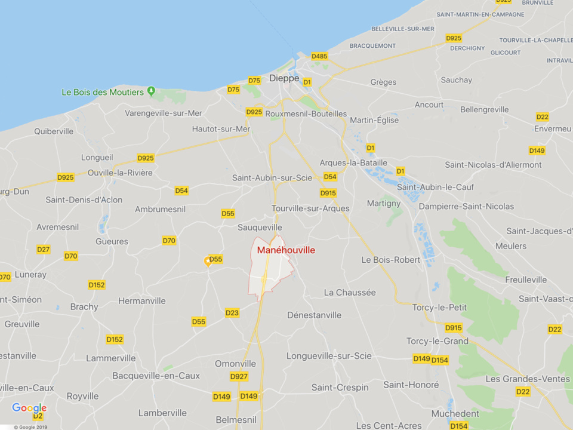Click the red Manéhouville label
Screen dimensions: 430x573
pyautogui.click(x=286, y=250)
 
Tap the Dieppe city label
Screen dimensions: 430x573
pyautogui.click(x=284, y=78)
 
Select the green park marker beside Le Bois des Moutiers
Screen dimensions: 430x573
pyautogui.click(x=151, y=91)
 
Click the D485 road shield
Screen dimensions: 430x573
pyautogui.click(x=319, y=57)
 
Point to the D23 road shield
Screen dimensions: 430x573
pyautogui.click(x=232, y=313)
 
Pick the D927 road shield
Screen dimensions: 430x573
pyautogui.click(x=239, y=377)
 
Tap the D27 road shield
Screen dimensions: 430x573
pyautogui.click(x=44, y=250)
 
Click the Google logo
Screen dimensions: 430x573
pyautogui.click(x=29, y=408)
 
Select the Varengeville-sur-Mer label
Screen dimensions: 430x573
pyautogui.click(x=164, y=113)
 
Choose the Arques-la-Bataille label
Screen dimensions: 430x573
pyautogui.click(x=353, y=162)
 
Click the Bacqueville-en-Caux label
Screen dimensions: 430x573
pyautogui.click(x=156, y=376)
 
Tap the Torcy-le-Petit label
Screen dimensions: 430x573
pyautogui.click(x=439, y=307)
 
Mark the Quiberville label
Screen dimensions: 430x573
pyautogui.click(x=54, y=131)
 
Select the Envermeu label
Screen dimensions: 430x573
pyautogui.click(x=553, y=129)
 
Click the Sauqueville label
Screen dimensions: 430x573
pyautogui.click(x=260, y=228)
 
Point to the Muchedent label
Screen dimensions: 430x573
pyautogui.click(x=455, y=413)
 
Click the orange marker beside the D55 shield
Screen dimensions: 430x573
pyautogui.click(x=208, y=260)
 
